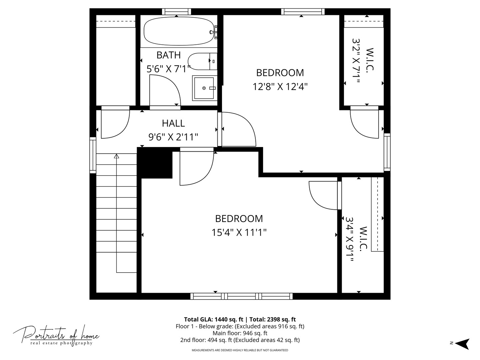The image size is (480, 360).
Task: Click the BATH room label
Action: pyautogui.click(x=168, y=55)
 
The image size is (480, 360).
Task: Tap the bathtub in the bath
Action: pyautogui.click(x=179, y=31)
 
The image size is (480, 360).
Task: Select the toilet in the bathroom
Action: pyautogui.click(x=200, y=61)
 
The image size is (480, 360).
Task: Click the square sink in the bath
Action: pyautogui.click(x=204, y=88)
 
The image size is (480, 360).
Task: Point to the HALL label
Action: pyautogui.click(x=173, y=123)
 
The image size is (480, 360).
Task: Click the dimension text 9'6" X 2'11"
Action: pyautogui.click(x=173, y=137)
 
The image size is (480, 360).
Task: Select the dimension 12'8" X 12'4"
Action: pyautogui.click(x=280, y=87)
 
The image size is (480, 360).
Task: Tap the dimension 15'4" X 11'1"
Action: pyautogui.click(x=239, y=232)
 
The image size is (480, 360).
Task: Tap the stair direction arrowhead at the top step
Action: pyautogui.click(x=116, y=156)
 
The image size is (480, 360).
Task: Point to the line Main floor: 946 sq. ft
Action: pyautogui.click(x=240, y=333)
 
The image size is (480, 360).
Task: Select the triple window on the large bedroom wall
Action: pyautogui.click(x=241, y=296)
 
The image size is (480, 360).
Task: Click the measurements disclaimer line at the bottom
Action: pyautogui.click(x=240, y=350)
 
